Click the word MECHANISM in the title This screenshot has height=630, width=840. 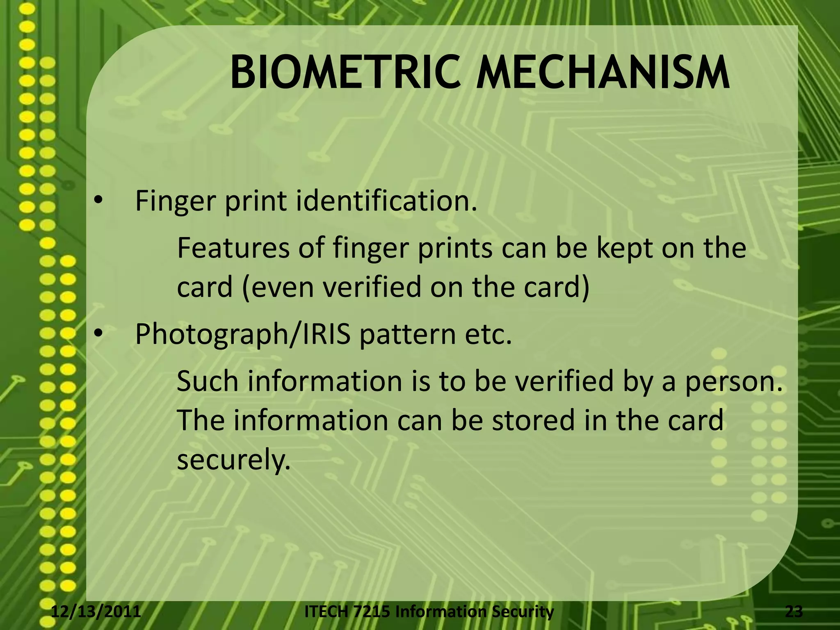click(x=603, y=74)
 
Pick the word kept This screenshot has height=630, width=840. click(x=626, y=249)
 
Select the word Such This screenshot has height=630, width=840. click(x=208, y=381)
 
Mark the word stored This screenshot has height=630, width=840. click(x=534, y=420)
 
